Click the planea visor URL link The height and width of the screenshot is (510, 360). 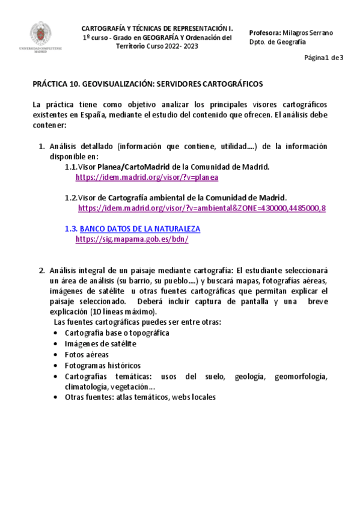point(147,177)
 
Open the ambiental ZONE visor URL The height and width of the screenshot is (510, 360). point(202,208)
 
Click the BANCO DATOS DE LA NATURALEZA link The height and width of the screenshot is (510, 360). point(139,229)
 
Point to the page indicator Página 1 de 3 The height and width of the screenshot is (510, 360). point(324,58)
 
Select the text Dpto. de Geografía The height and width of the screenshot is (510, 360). point(277,41)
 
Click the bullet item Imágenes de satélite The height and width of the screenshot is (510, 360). point(100,343)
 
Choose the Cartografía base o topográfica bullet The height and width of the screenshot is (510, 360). point(117,333)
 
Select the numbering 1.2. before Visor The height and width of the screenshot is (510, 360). point(72,197)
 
